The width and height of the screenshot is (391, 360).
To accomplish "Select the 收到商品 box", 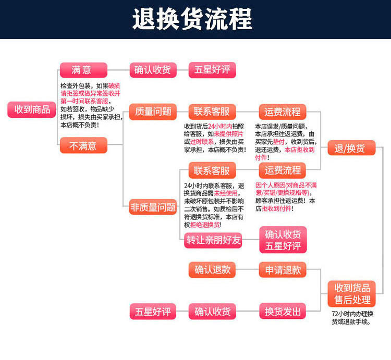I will click(32, 109).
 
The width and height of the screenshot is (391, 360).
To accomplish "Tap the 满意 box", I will click(83, 70).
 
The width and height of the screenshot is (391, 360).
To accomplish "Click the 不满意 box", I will click(83, 146).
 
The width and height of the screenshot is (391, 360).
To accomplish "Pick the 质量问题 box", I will click(153, 112).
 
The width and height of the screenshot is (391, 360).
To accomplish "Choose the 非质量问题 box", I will click(153, 207).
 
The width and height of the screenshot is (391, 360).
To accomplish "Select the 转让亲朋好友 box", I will click(214, 240).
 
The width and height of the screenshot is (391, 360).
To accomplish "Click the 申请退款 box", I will click(283, 270).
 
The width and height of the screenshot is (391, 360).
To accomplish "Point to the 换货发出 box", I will click(283, 312).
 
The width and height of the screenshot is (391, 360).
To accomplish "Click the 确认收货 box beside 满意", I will click(152, 70).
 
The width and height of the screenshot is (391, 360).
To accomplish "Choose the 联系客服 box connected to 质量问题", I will click(212, 112).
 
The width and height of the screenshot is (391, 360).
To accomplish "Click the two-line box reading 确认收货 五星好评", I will click(283, 240).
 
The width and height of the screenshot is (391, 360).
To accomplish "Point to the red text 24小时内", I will click(219, 127).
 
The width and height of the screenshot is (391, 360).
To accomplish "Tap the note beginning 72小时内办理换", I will click(352, 318).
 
